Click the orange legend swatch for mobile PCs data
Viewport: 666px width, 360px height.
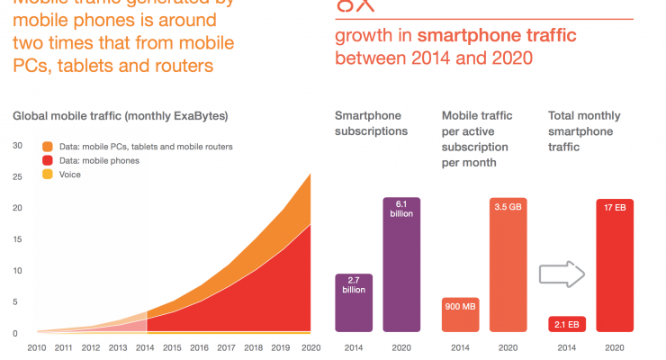[48, 146]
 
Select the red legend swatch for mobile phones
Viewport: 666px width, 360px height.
[48, 160]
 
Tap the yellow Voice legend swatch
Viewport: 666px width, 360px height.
[48, 175]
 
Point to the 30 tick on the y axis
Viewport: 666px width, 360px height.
[16, 145]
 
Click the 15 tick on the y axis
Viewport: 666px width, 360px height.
[16, 239]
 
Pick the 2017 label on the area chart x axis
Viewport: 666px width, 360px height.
[226, 346]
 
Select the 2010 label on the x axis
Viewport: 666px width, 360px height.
[36, 346]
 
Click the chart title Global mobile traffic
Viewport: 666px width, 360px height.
[120, 116]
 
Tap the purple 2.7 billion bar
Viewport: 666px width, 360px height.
[354, 303]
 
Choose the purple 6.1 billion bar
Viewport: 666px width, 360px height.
[401, 265]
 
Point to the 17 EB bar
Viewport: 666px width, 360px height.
[616, 265]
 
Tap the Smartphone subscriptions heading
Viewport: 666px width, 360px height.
[372, 123]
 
